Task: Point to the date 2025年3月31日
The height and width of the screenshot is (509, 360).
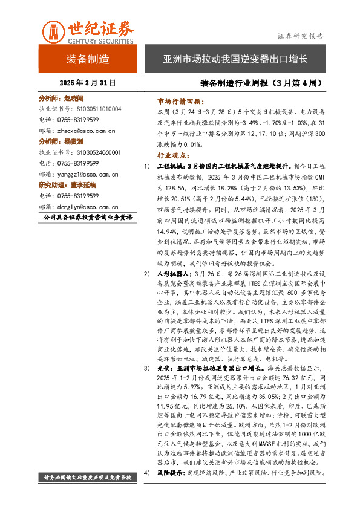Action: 88,82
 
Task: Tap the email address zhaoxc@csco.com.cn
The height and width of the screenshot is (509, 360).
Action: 85,130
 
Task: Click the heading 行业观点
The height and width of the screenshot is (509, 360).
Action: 172,155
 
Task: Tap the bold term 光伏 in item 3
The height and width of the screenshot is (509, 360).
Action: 163,368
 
